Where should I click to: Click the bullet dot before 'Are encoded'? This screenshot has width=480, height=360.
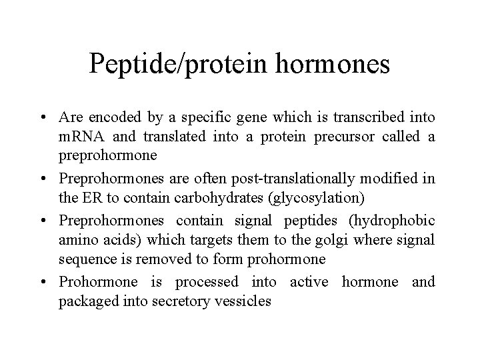tap(49, 119)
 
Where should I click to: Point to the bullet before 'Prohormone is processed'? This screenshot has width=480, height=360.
tap(49, 283)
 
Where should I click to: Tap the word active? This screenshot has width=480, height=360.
tap(309, 282)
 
